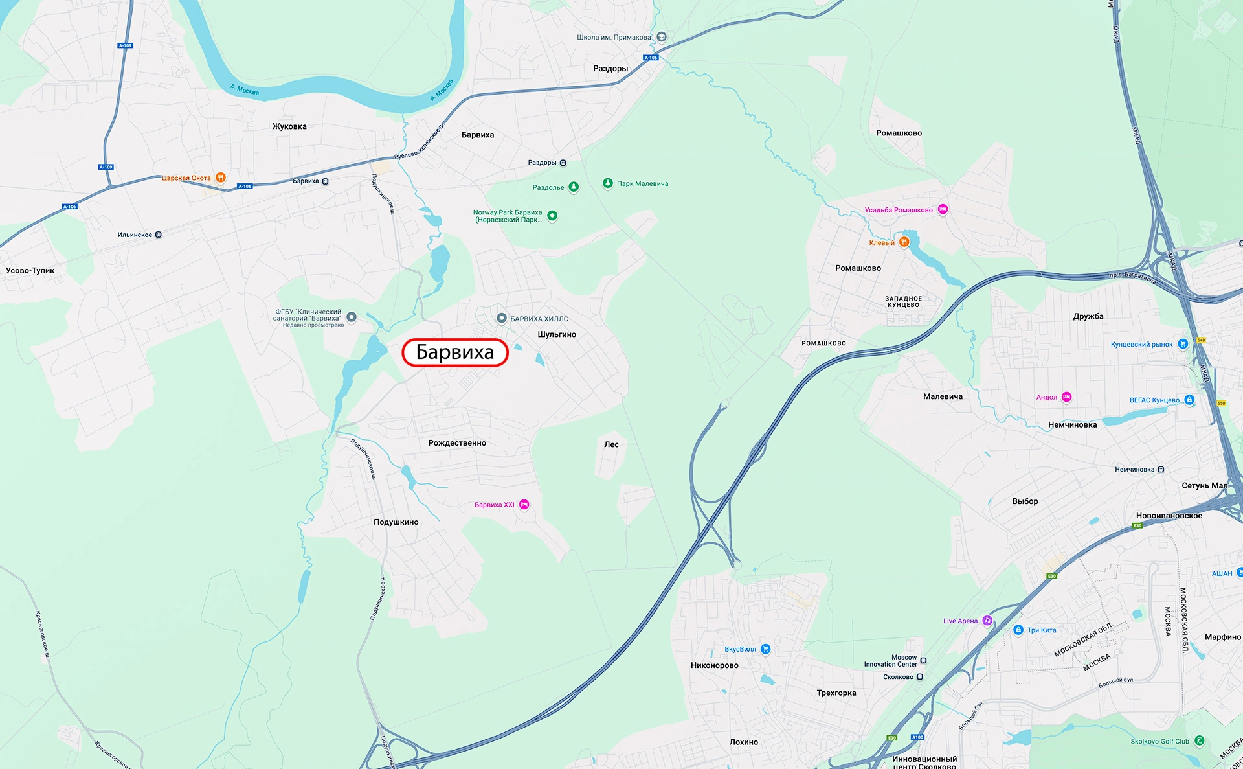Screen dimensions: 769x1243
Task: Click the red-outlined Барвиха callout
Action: click(454, 352)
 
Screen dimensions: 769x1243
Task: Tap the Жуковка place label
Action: click(289, 126)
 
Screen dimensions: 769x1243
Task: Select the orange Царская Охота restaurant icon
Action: click(220, 178)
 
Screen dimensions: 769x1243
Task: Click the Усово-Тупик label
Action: click(30, 271)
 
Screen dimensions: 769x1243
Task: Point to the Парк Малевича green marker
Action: click(607, 183)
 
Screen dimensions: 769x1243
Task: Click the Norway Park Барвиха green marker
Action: click(552, 216)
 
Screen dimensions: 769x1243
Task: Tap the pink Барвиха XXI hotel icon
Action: click(524, 505)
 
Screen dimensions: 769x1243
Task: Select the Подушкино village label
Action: click(396, 522)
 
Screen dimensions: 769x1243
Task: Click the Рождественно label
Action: click(457, 443)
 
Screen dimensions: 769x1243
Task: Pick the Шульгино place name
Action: click(557, 334)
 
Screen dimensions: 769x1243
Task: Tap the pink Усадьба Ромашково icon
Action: click(943, 209)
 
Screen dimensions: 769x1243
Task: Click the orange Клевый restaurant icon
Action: click(904, 242)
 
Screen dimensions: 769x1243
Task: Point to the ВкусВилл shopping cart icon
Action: click(765, 648)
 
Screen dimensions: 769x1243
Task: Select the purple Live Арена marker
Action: click(987, 621)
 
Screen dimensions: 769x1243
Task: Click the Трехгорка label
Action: click(836, 693)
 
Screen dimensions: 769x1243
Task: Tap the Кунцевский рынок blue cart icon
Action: click(1182, 344)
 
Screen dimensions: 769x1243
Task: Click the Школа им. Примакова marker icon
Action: click(661, 37)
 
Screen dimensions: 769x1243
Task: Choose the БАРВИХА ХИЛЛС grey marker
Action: click(501, 318)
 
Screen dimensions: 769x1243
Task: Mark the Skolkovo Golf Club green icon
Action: click(1199, 740)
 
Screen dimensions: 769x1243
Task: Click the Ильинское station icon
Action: click(159, 235)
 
